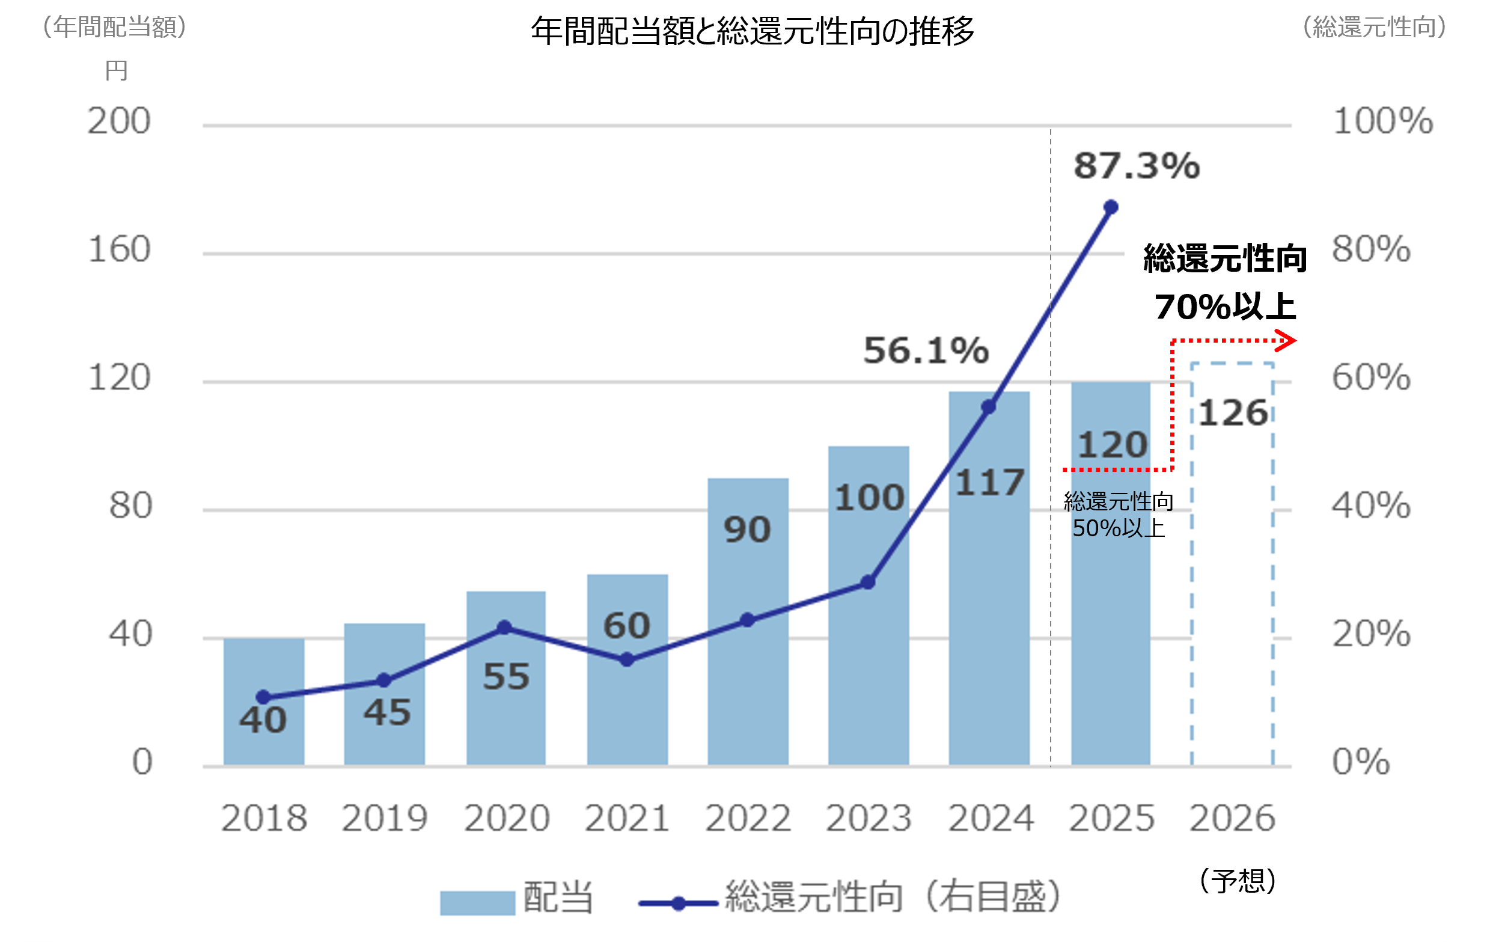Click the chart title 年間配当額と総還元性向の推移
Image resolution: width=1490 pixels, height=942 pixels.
tap(752, 31)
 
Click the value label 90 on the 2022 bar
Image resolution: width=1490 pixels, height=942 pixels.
tap(748, 530)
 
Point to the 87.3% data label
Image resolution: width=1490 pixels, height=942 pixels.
tap(1137, 166)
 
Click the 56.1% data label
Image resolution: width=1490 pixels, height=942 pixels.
tap(926, 350)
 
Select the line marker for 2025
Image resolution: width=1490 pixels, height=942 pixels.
tap(1111, 207)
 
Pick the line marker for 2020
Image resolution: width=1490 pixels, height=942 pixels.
tap(504, 628)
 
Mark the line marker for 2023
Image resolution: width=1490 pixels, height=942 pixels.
tap(867, 583)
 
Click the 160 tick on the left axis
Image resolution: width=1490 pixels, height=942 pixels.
tap(120, 249)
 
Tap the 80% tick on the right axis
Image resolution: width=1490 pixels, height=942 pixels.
tap(1370, 249)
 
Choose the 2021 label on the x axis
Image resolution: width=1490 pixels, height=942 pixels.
tap(627, 818)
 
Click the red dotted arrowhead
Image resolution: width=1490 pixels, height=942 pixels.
tap(1287, 340)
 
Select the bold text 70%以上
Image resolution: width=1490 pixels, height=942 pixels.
tap(1224, 307)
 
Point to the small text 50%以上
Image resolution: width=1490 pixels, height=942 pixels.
tap(1118, 528)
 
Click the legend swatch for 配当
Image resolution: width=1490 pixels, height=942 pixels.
tap(477, 902)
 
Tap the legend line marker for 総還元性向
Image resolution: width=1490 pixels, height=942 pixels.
tap(678, 903)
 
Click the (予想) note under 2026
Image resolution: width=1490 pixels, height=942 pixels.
tap(1237, 881)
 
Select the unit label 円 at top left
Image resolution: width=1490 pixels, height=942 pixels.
tap(117, 70)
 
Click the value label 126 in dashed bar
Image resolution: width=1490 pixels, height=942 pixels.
tap(1233, 414)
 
